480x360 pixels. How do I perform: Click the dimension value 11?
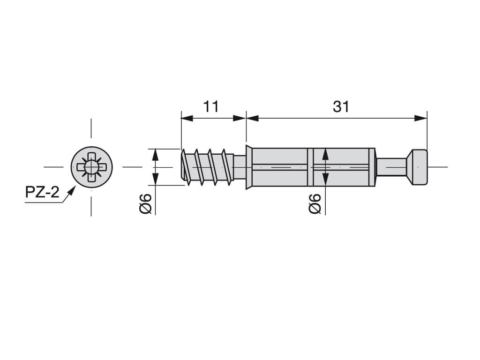click(x=211, y=106)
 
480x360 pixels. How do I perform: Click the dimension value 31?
click(x=341, y=106)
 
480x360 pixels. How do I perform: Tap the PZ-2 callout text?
click(x=42, y=193)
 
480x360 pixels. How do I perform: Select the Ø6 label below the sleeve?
click(x=315, y=203)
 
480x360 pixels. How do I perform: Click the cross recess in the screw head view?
click(x=91, y=167)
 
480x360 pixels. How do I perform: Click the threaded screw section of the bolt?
click(x=207, y=167)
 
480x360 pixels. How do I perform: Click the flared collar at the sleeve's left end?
click(x=249, y=167)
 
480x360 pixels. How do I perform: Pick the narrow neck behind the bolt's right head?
click(x=391, y=167)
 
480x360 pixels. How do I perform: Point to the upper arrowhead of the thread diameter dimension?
click(x=155, y=155)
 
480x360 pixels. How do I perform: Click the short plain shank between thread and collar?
click(x=240, y=167)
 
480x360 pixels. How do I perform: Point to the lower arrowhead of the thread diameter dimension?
click(x=155, y=179)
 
